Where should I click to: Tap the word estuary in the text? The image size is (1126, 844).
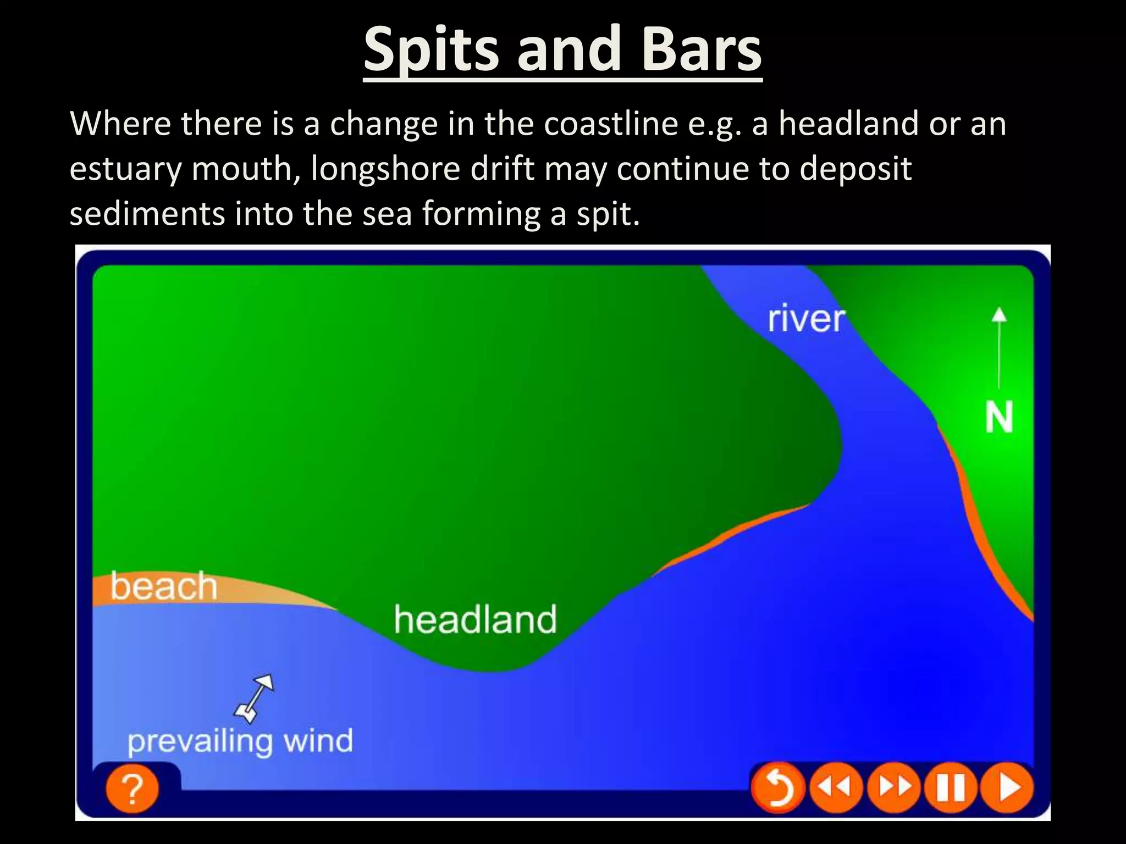click(x=125, y=169)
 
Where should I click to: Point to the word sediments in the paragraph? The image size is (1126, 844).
click(x=147, y=214)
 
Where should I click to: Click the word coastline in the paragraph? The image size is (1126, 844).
click(x=611, y=124)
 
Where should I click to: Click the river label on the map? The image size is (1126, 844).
click(x=805, y=319)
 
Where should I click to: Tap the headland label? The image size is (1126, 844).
click(x=476, y=620)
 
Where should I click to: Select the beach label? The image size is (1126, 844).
click(x=164, y=586)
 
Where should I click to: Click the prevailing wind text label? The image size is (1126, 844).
click(x=240, y=741)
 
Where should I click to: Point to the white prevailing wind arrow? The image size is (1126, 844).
click(x=254, y=698)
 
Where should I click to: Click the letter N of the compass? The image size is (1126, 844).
click(x=998, y=418)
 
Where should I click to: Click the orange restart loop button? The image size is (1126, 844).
click(x=777, y=788)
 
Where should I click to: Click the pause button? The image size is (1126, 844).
click(x=951, y=788)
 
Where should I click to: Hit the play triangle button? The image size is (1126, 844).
click(x=1007, y=788)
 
